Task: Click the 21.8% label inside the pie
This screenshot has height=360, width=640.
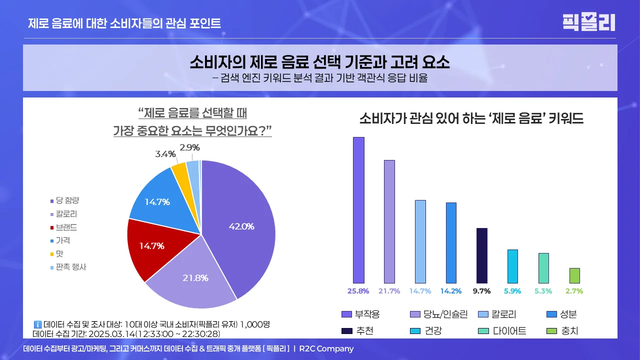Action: point(195,278)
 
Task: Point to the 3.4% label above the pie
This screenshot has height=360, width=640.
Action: point(165,154)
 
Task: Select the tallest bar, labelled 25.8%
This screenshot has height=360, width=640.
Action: point(358,210)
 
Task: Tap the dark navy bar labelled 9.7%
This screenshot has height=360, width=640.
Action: point(481,255)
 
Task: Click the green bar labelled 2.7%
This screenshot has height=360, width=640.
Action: point(574,275)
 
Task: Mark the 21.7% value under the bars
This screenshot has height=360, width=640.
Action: point(389,291)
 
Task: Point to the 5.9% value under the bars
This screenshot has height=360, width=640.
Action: point(512,291)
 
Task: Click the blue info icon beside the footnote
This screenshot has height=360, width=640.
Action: point(37,324)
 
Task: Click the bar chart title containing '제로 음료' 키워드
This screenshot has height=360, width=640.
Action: point(471,118)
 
